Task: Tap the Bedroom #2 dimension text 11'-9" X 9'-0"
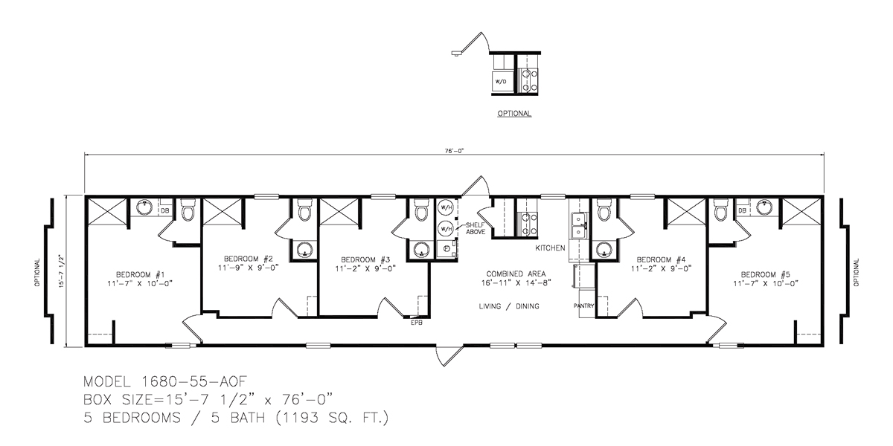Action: click(248, 268)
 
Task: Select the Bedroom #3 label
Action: click(365, 259)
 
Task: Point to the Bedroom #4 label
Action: click(661, 259)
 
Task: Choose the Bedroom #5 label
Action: click(766, 275)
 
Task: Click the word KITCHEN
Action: click(550, 248)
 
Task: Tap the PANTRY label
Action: click(583, 306)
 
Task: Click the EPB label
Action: click(416, 323)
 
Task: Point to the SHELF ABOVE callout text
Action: click(476, 229)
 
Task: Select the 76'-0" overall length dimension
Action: click(455, 151)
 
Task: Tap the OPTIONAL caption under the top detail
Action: click(514, 114)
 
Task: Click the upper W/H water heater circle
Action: click(445, 207)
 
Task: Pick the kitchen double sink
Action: click(578, 226)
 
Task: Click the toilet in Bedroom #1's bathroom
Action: click(188, 210)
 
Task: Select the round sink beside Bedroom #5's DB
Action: click(764, 207)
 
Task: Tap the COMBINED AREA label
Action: click(516, 274)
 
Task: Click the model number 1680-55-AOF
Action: click(194, 381)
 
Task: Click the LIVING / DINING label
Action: click(509, 306)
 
